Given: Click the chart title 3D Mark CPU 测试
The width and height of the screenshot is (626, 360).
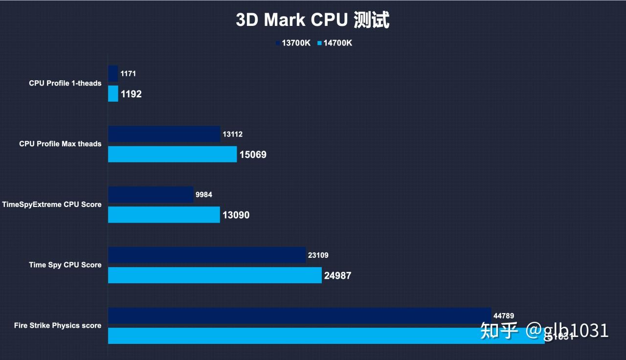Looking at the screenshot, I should pos(313,20).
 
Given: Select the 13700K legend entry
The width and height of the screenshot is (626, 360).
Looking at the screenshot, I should pos(293,43).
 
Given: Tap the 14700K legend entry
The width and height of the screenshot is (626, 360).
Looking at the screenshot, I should pos(335,43).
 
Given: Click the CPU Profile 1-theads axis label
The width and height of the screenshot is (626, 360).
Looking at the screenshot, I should pos(65,83).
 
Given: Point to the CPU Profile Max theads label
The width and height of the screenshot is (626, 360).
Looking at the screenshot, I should pos(60,144).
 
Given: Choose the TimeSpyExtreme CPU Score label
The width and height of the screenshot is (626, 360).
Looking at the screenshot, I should pos(52,204).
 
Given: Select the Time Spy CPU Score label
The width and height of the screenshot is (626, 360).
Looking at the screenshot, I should pos(65,265).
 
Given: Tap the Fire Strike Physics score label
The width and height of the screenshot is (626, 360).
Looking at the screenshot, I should pos(58,326).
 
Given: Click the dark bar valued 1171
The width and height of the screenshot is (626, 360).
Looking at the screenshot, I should pos(113,74).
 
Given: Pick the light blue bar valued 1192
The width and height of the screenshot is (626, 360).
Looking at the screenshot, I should pos(113,94).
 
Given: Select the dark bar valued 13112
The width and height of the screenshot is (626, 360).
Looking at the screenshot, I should pos(164,134).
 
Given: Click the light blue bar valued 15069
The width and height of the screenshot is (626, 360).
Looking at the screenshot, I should pos(172,154).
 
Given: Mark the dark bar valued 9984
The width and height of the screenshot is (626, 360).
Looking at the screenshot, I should pos(151,195).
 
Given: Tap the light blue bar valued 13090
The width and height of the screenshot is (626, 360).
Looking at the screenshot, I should pos(164,215).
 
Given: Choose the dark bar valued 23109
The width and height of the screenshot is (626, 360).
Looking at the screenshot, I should pos(207,255).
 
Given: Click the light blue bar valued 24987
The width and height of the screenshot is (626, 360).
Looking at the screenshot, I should pos(215,275).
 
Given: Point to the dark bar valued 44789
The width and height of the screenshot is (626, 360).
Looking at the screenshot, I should pos(299,316).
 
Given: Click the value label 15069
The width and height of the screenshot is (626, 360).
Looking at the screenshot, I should pos(253,155).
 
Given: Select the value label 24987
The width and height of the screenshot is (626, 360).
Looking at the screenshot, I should pos(337,276).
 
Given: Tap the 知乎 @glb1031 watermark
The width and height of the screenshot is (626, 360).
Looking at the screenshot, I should pos(544,331).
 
